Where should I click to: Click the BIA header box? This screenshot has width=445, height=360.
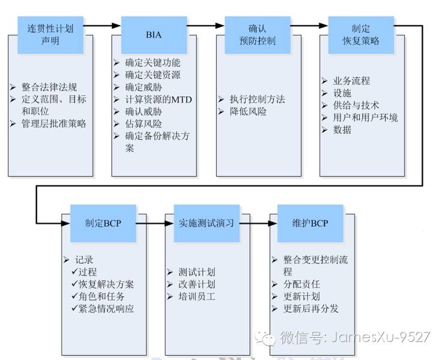pos(154,35)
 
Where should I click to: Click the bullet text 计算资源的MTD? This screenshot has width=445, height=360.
pos(158,100)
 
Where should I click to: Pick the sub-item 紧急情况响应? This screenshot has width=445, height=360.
pos(106,309)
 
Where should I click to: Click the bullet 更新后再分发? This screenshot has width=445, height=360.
pos(311,308)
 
